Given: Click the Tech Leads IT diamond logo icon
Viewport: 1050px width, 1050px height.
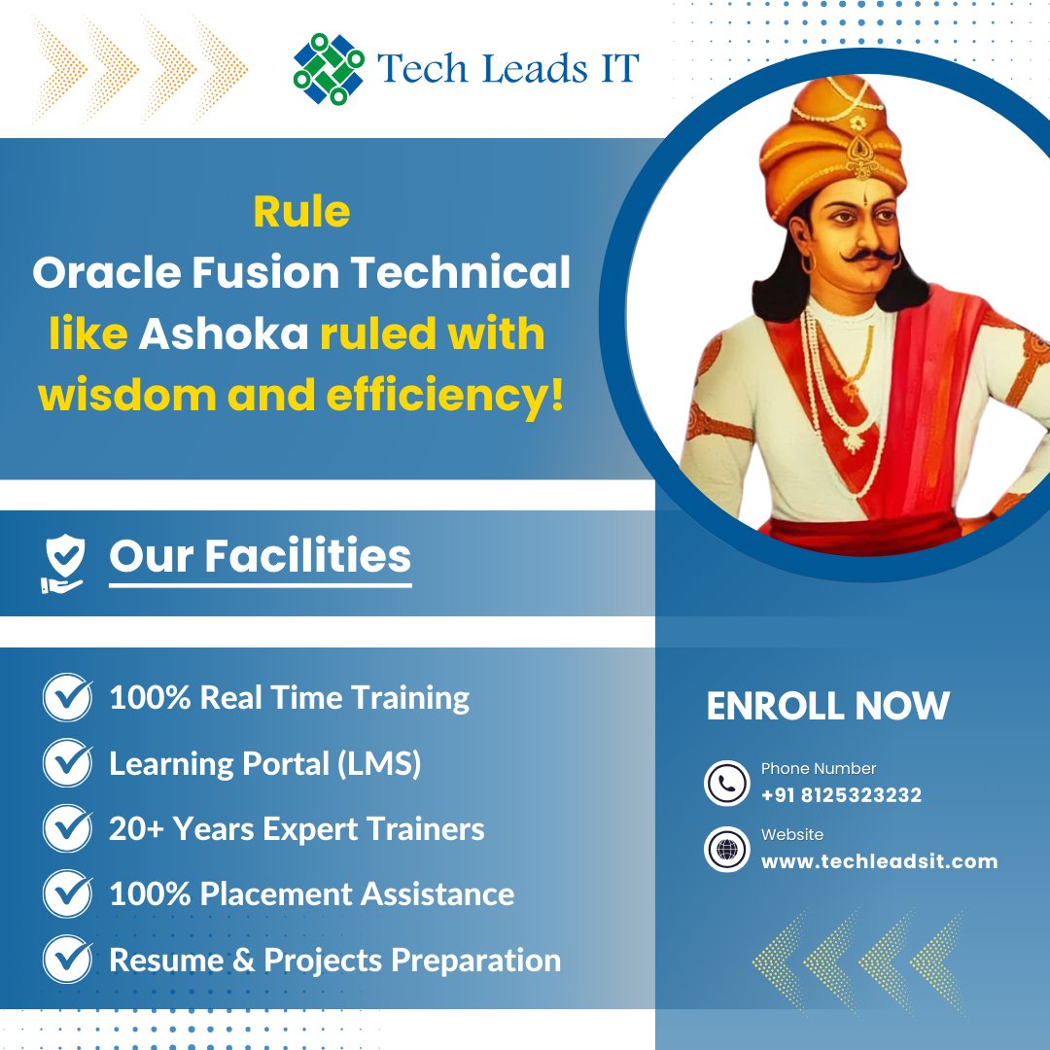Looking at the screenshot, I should tap(329, 68).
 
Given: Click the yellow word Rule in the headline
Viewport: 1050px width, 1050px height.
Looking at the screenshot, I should tap(301, 212).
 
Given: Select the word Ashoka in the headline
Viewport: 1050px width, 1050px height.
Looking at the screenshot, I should tap(223, 334).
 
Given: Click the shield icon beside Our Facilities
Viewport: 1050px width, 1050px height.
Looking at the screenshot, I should tap(62, 563).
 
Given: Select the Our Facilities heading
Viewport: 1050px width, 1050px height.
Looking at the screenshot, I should tap(260, 557).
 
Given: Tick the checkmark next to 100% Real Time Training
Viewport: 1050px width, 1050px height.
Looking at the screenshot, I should tap(67, 699).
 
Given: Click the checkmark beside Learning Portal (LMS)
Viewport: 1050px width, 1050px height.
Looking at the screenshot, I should tap(67, 764).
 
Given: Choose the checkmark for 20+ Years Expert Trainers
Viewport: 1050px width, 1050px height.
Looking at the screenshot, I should tap(67, 829).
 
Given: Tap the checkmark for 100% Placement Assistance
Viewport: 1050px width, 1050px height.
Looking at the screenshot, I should tap(67, 894).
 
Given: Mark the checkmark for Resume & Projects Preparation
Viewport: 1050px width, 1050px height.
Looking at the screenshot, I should tap(67, 961).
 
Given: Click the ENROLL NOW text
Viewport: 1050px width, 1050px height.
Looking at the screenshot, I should tap(827, 706).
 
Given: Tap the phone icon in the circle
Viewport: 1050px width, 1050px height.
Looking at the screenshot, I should tap(726, 784).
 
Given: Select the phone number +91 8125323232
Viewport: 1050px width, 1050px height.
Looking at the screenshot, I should tap(841, 795).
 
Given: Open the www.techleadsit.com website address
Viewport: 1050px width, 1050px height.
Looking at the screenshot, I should tap(879, 861).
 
